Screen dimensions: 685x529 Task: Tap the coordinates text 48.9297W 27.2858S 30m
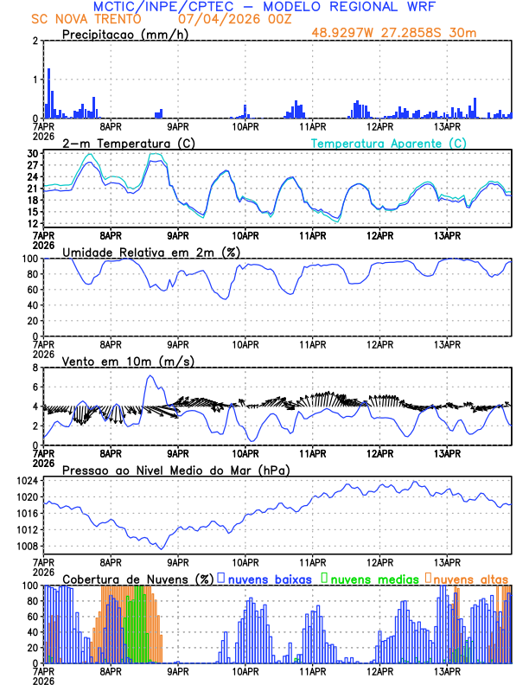tap(393, 33)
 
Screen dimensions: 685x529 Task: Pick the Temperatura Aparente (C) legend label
tap(389, 143)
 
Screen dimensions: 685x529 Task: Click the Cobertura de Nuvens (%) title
tap(137, 579)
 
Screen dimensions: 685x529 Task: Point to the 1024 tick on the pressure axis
tap(29, 480)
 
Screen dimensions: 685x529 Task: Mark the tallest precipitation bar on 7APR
tap(48, 93)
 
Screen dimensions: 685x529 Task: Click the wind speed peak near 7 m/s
tap(150, 376)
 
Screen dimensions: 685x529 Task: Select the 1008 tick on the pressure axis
tap(29, 546)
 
